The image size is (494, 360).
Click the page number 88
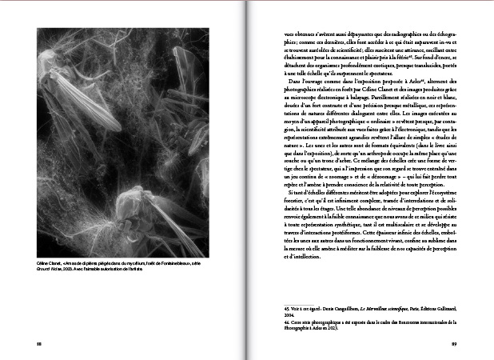pos(38,344)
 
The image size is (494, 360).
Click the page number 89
pos(453,344)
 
